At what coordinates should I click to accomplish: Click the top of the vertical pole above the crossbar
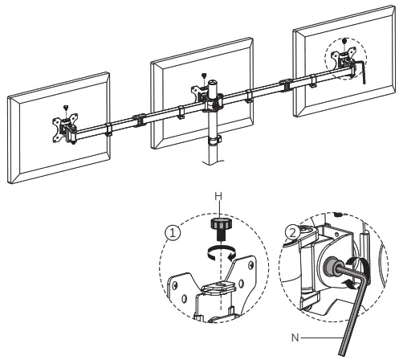[214, 84]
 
